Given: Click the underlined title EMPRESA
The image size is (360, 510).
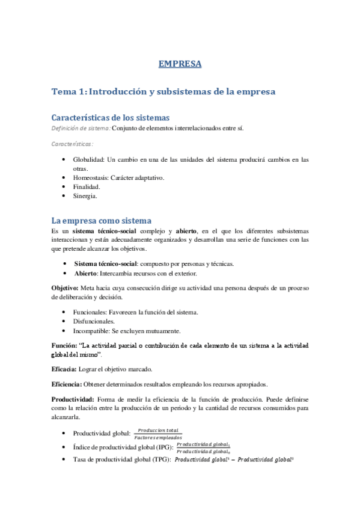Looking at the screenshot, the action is (x=180, y=64).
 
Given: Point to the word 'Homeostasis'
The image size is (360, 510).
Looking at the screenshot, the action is (x=91, y=178).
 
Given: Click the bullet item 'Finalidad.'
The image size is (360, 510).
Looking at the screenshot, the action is (x=87, y=187).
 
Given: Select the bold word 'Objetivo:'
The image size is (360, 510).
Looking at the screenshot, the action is (x=64, y=287).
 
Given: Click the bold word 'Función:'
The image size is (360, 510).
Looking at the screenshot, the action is (x=64, y=346).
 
